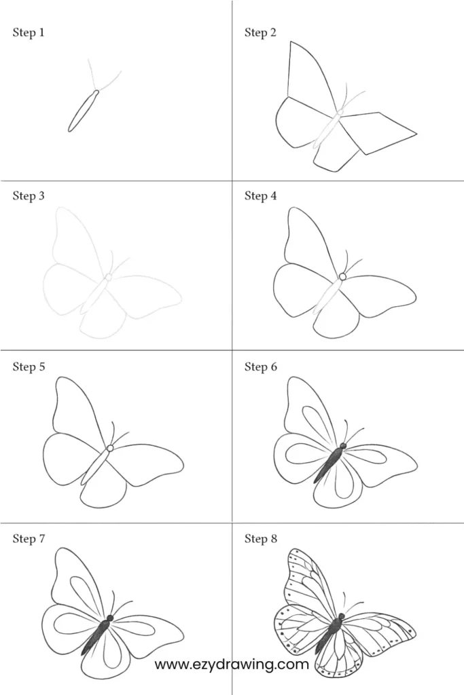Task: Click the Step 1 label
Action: [29, 33]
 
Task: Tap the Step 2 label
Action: [260, 33]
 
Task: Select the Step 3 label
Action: [29, 195]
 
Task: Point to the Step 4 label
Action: [260, 195]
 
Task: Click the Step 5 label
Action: [29, 367]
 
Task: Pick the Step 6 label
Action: [260, 367]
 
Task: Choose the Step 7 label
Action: [29, 538]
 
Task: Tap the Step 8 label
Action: [260, 538]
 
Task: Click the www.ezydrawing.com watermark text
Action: [232, 664]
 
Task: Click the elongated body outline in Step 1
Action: [83, 111]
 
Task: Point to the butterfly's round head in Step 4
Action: [342, 277]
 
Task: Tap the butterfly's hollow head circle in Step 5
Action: [110, 448]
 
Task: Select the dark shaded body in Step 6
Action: [329, 465]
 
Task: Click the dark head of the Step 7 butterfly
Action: [110, 618]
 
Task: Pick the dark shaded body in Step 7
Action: [96, 637]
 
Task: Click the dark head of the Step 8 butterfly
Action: [342, 616]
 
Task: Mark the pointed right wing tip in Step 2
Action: [416, 132]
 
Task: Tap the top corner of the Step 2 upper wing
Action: [291, 41]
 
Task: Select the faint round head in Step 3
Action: [108, 278]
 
